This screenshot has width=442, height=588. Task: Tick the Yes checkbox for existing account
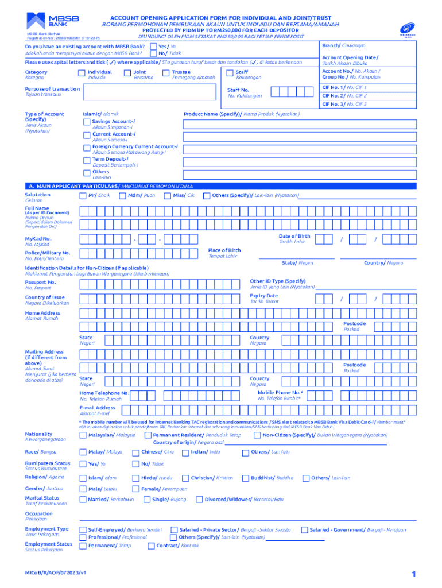(x=153, y=46)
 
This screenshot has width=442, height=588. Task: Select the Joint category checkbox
(x=127, y=73)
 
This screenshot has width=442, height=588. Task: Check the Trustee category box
(x=166, y=73)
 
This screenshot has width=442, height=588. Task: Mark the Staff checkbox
(x=230, y=73)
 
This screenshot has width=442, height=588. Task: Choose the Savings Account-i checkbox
(x=87, y=122)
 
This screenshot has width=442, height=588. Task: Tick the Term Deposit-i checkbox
(x=87, y=160)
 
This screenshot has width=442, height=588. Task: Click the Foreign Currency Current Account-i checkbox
(x=87, y=147)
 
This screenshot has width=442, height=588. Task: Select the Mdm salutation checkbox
(x=122, y=196)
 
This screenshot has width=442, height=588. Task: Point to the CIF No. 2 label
(x=344, y=96)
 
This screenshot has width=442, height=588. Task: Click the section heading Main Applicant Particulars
(x=111, y=187)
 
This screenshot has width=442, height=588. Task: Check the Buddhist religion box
(x=246, y=478)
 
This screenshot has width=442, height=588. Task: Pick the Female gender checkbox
(x=135, y=489)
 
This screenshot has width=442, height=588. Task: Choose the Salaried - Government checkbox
(x=304, y=530)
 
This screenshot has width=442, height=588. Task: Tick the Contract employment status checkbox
(x=151, y=546)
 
